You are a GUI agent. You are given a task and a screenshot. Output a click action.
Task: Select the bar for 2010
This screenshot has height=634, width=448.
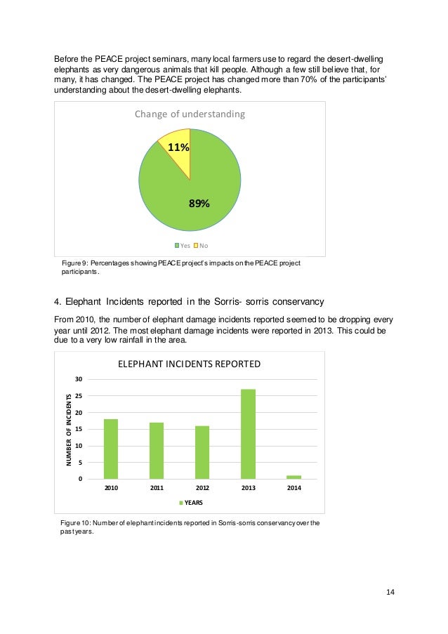[x=111, y=449]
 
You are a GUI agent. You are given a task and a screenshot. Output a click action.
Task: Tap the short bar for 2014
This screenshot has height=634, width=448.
[x=294, y=477]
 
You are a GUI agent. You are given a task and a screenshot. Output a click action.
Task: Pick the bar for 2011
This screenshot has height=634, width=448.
[x=157, y=451]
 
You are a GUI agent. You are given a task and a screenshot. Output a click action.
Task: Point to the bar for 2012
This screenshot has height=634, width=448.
[x=202, y=452]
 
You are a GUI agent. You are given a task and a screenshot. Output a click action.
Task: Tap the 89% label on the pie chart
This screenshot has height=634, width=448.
[x=199, y=204]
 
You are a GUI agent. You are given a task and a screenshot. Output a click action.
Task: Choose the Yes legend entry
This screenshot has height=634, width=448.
[x=182, y=245]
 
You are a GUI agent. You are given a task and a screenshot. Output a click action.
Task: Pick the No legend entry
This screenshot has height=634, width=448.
[x=201, y=245]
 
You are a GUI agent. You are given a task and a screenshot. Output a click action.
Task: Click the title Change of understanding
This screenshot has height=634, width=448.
[x=190, y=114]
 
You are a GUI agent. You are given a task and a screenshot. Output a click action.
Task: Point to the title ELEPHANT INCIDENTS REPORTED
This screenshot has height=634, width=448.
[x=189, y=364]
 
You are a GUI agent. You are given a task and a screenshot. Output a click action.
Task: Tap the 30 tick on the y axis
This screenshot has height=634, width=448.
[x=79, y=379]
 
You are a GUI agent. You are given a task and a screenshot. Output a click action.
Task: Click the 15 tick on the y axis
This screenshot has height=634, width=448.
[x=79, y=429]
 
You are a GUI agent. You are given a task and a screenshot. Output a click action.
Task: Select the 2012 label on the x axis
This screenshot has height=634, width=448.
[x=202, y=487]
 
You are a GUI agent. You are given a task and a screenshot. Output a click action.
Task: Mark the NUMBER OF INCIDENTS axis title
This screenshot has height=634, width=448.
[x=69, y=429]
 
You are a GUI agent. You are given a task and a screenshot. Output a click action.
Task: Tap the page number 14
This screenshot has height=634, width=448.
[x=390, y=592]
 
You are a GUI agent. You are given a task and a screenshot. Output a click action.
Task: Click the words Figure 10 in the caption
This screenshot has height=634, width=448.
[x=70, y=523]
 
